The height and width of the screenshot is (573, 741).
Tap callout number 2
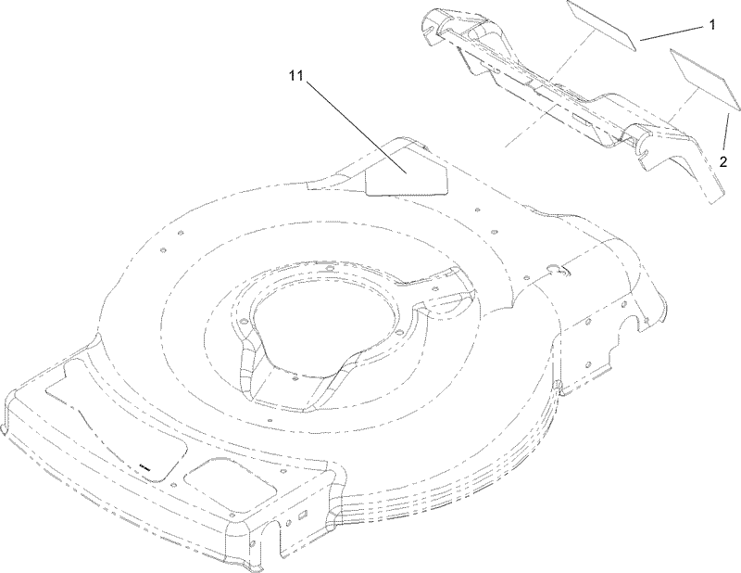click(x=723, y=162)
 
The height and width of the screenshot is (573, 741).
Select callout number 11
click(x=295, y=76)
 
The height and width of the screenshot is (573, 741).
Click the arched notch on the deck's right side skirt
click(x=632, y=325)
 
